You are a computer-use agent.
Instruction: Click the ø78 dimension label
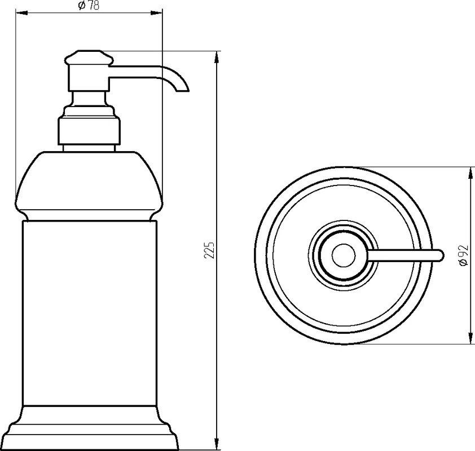89,6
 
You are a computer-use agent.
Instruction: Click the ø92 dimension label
464,256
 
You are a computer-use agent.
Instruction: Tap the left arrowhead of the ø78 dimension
21,13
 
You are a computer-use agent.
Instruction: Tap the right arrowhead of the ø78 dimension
157,13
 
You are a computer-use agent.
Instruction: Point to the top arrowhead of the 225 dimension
216,57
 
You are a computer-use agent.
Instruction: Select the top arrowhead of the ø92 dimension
470,173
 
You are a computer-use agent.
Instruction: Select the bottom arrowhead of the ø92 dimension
470,338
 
